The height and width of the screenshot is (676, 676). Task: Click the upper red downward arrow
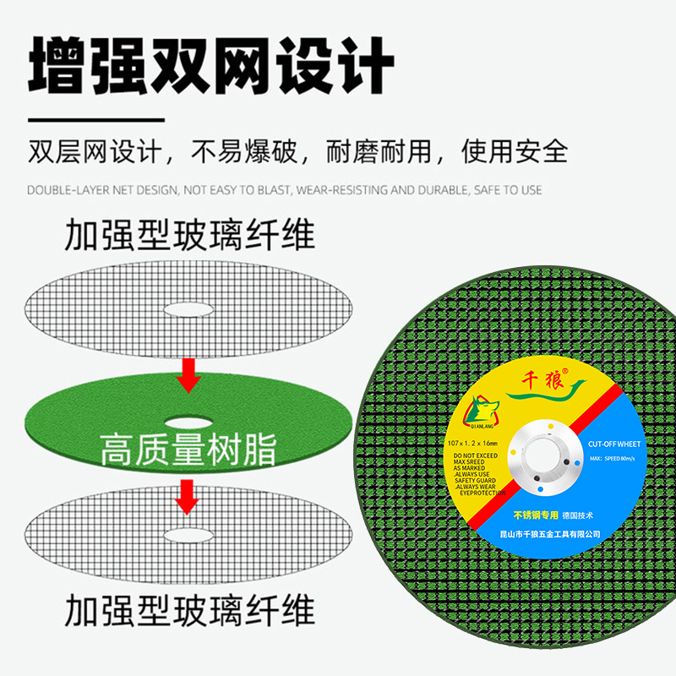[188, 374]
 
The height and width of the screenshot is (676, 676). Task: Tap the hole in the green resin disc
[188, 420]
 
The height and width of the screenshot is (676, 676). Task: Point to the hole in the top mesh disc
[188, 307]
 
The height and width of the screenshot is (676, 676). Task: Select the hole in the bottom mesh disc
[188, 534]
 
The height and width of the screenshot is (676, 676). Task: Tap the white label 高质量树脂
[188, 450]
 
